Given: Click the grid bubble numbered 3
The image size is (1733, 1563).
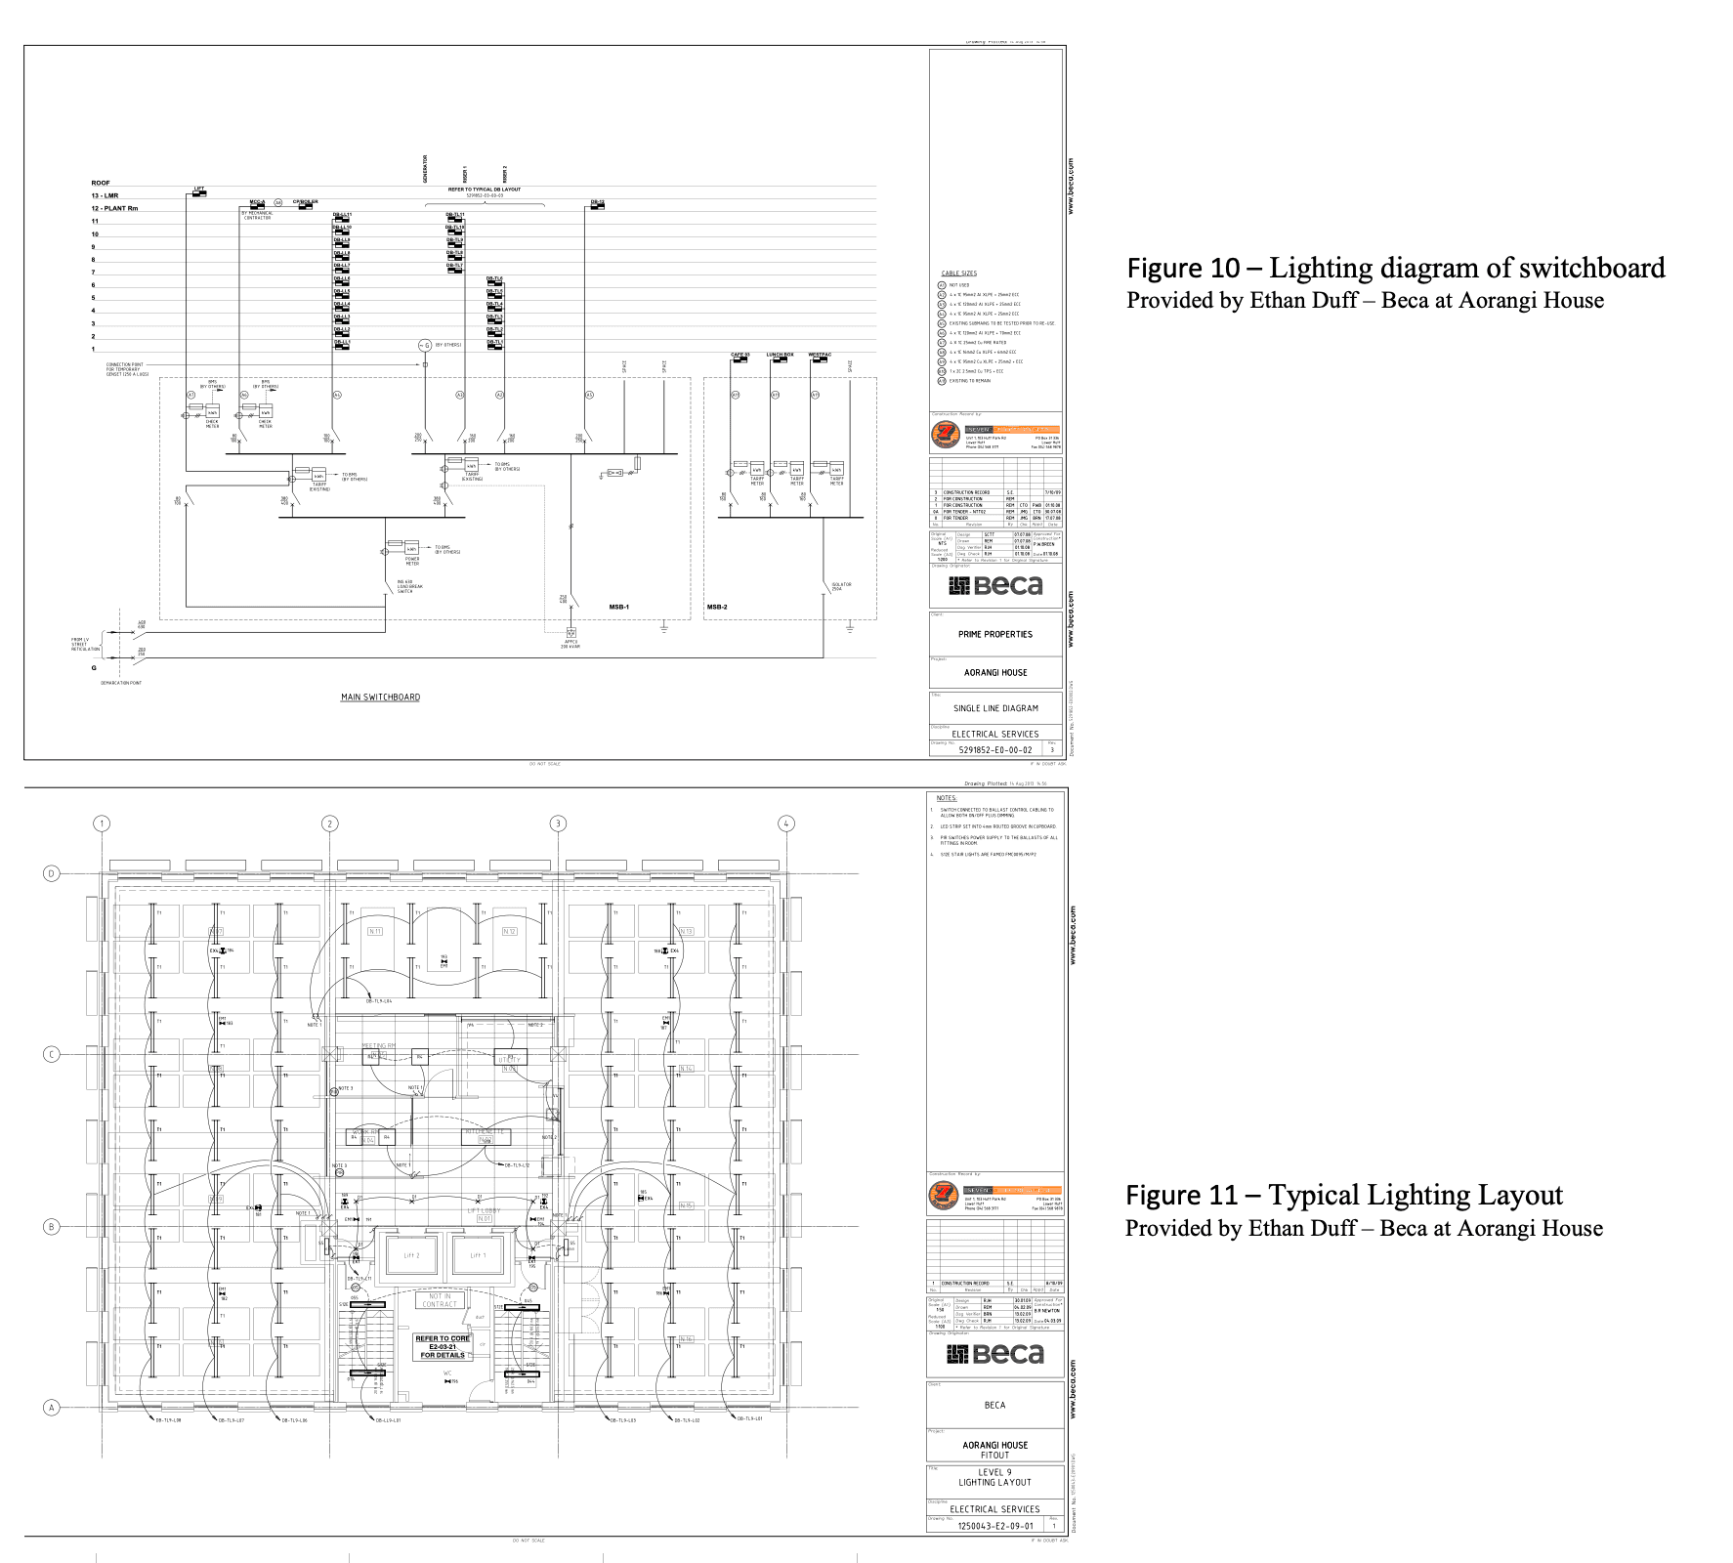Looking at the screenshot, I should coord(558,824).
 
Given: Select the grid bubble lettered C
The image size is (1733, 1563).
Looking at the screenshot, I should coord(52,1054).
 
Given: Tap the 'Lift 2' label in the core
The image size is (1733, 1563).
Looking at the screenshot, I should coord(411,1255).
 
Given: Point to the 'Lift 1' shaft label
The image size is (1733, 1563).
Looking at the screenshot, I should coord(477,1255).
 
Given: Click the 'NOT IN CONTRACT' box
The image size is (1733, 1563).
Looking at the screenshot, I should coord(440,1300).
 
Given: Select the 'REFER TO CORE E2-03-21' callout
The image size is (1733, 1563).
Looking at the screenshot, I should coord(443,1346).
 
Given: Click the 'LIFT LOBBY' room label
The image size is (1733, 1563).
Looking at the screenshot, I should coord(484,1210).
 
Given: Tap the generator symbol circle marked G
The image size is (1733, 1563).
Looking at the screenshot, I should coord(425,346).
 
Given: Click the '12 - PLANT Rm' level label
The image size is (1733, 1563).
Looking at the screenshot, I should coord(114,208).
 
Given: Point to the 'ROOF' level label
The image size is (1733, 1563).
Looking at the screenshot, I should coord(101,183).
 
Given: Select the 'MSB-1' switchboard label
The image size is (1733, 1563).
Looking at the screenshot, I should coord(618,607).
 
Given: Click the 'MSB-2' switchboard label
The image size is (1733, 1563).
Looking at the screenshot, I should coord(717,607).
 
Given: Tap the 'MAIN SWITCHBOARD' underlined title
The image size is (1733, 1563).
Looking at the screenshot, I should coord(380,697).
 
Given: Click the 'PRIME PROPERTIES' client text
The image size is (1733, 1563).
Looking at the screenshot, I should coord(994,634).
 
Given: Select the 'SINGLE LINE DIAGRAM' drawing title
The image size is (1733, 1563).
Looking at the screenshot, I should coord(995,708).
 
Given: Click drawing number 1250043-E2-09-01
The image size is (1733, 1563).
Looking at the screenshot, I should coord(994,1525).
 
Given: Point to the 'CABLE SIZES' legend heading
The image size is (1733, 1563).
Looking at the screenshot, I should coord(958,274).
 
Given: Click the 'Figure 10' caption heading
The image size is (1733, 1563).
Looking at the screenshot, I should coord(1184,268).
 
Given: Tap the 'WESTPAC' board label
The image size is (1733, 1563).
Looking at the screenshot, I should coord(820,355).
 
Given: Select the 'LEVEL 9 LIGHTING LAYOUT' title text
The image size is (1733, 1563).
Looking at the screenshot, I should coord(994,1477).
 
